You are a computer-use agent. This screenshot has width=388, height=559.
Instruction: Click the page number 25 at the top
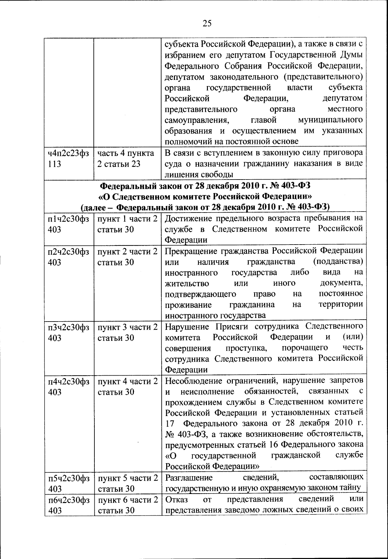pos(207,23)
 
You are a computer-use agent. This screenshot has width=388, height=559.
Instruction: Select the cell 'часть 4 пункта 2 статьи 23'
pos(126,158)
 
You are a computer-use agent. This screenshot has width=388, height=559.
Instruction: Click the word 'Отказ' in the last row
pos(177,499)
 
